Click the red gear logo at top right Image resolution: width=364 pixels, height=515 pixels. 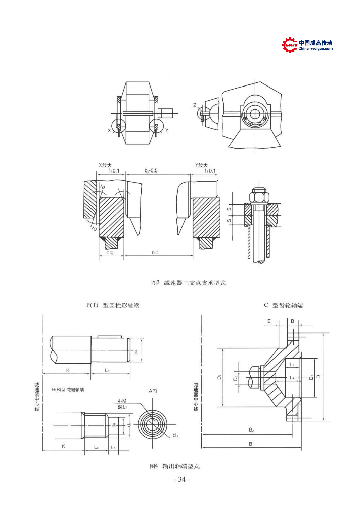pyautogui.click(x=290, y=45)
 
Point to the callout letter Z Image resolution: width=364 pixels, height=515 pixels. pyautogui.click(x=194, y=105)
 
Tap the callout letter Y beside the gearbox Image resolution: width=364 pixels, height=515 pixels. pyautogui.click(x=166, y=130)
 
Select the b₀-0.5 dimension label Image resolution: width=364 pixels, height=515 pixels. pyautogui.click(x=151, y=171)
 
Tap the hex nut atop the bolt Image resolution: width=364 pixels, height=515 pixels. pyautogui.click(x=259, y=194)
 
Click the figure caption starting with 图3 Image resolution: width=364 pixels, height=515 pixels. pyautogui.click(x=189, y=283)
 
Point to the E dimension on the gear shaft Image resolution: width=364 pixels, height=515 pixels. pyautogui.click(x=269, y=320)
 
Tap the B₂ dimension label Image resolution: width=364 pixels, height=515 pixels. pyautogui.click(x=251, y=430)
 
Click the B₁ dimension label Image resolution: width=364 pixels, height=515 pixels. pyautogui.click(x=251, y=444)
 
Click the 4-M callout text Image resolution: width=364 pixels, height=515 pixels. pyautogui.click(x=122, y=401)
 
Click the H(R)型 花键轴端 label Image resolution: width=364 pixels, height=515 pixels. pyautogui.click(x=68, y=390)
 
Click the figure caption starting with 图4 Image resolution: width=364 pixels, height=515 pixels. pyautogui.click(x=174, y=466)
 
